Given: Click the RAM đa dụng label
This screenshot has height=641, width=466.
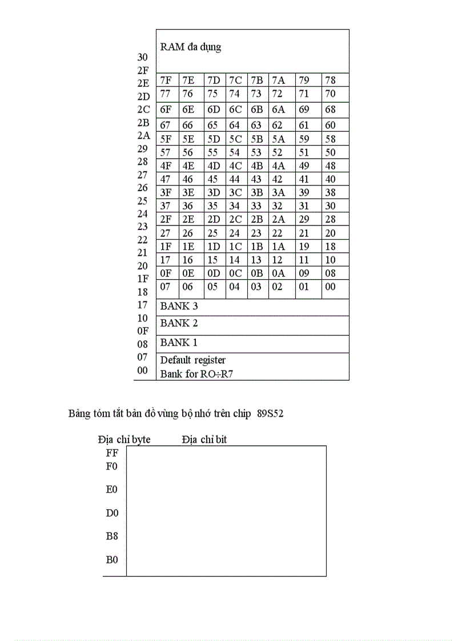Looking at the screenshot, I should [x=190, y=47].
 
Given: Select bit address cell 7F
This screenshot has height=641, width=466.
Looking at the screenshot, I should [x=166, y=80].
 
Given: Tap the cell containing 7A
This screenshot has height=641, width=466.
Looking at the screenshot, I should [x=278, y=80].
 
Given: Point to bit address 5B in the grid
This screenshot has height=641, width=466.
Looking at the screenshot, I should [x=257, y=139].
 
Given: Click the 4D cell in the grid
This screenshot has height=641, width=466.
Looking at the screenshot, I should [x=214, y=166].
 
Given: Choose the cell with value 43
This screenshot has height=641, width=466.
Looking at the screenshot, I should [x=256, y=179].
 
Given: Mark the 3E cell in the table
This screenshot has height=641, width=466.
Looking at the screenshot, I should [x=188, y=193].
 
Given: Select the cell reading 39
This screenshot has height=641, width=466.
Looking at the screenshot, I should [x=304, y=193].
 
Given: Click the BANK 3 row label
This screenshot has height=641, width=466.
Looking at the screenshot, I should [x=179, y=307].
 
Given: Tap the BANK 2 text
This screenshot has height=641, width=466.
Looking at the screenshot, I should [x=179, y=324].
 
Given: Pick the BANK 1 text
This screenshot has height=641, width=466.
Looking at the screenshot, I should [x=179, y=343].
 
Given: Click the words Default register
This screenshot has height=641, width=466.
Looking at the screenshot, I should [x=192, y=360].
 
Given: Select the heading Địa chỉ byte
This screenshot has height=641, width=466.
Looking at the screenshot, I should [x=124, y=440].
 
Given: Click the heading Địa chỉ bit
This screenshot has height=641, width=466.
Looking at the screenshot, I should [x=204, y=440].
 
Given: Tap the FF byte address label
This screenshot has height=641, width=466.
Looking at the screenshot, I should [x=112, y=453].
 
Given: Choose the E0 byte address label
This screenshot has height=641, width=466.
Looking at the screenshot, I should [x=112, y=490].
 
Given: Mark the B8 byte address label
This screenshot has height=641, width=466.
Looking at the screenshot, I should [x=112, y=537].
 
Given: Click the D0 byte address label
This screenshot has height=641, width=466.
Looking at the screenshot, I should [x=112, y=513].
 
